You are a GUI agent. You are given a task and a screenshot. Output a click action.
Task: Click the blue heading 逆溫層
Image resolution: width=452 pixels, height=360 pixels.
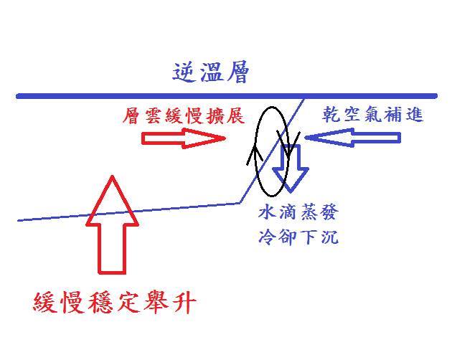point(210,72)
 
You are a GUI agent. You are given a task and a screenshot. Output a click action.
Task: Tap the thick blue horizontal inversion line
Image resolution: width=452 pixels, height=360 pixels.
point(227,96)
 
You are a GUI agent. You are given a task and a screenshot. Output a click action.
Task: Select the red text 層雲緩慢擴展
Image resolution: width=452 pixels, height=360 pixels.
point(184,116)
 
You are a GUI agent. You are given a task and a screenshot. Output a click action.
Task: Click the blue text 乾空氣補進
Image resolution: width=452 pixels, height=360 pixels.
point(372,114)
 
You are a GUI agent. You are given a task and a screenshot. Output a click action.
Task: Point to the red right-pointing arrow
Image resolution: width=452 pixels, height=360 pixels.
point(184,138)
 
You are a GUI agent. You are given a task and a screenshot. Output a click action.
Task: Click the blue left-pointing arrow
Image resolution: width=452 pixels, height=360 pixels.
point(353,138)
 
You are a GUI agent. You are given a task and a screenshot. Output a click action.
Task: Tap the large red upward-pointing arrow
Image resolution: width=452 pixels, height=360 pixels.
point(112,224)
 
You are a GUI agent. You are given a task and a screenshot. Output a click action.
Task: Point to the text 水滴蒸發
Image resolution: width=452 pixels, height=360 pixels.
point(298,212)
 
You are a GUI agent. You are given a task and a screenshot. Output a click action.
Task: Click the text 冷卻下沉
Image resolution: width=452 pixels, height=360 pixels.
point(298,237)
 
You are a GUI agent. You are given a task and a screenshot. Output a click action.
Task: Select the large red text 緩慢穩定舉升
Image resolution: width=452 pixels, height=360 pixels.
point(115,303)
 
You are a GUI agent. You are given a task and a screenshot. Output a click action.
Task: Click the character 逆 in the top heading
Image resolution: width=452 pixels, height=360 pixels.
point(184,72)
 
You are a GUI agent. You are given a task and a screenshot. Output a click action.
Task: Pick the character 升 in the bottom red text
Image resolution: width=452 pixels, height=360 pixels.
point(185,303)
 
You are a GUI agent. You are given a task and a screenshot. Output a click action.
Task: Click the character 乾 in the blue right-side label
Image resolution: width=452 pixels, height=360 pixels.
point(331,114)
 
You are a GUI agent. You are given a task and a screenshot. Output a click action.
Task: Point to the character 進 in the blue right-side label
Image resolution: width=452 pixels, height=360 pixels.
point(415,114)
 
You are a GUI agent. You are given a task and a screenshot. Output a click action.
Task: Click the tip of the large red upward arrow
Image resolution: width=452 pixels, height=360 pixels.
point(112,176)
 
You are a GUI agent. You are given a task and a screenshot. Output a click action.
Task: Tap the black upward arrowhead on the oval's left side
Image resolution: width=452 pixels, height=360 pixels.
point(255,153)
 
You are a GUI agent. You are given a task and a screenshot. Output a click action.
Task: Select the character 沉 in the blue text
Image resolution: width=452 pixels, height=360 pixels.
point(329,237)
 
